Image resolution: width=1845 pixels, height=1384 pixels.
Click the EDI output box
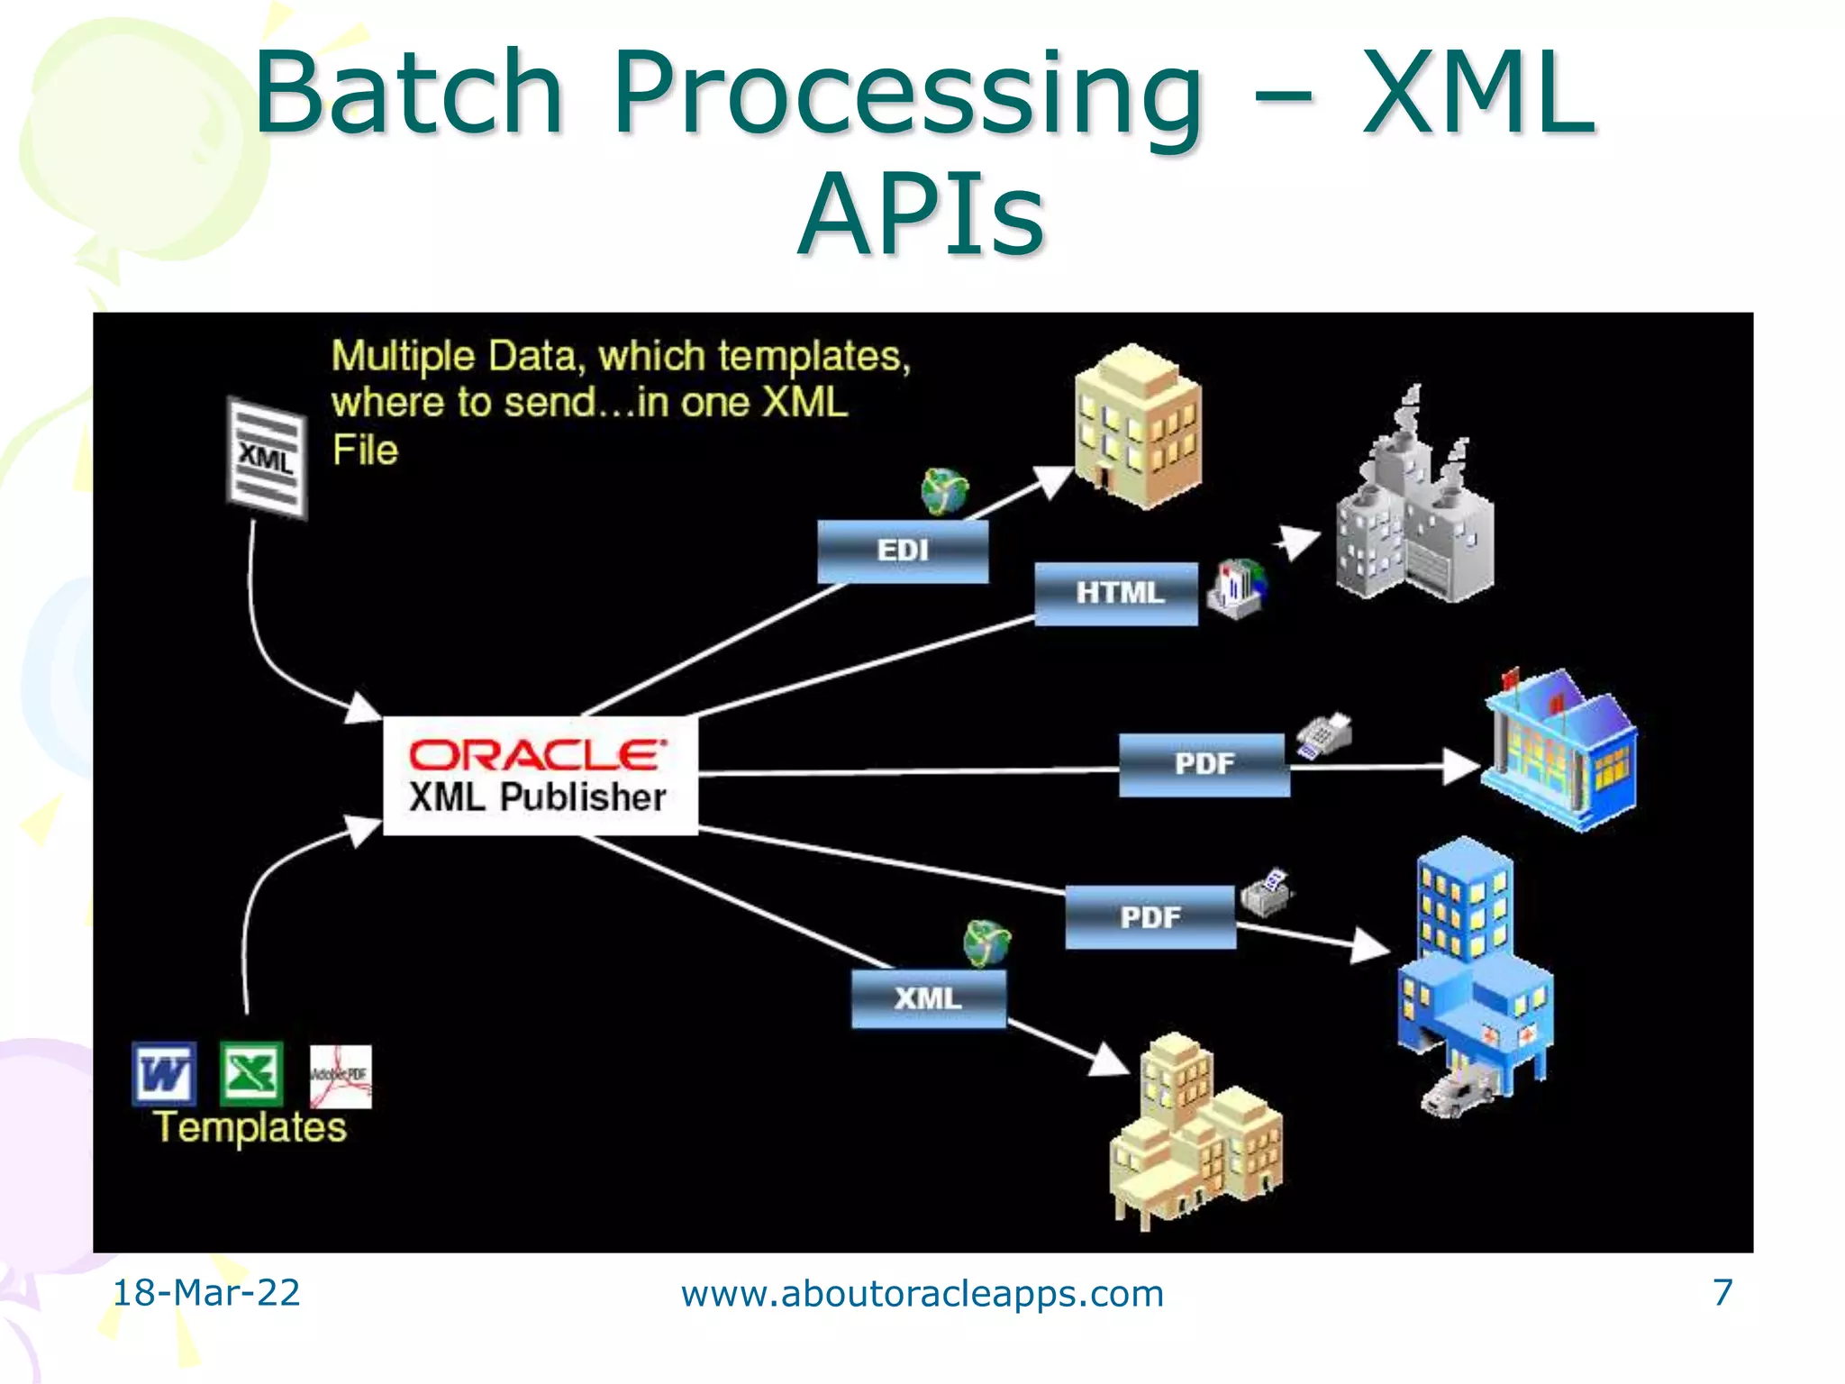(x=903, y=551)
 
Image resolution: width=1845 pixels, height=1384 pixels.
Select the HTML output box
(x=1116, y=593)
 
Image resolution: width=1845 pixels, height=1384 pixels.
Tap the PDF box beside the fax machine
(x=1204, y=764)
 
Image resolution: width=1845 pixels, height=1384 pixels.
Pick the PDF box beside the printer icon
(x=1150, y=917)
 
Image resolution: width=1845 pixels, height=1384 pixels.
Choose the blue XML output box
(x=928, y=998)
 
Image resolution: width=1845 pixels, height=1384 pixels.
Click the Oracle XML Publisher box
(x=540, y=776)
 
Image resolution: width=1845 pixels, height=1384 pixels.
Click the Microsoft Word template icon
(x=164, y=1073)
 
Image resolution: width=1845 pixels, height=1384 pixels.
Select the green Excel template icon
(x=251, y=1072)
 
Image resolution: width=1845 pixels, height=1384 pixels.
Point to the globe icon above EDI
(x=943, y=492)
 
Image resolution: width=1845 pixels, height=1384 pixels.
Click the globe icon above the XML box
(x=986, y=943)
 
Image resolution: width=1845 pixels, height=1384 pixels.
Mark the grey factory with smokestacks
(x=1413, y=505)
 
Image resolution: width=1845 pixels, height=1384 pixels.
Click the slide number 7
(x=1722, y=1293)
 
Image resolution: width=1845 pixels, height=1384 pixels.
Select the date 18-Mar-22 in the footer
(x=206, y=1293)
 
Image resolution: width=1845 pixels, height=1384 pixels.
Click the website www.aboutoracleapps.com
(x=922, y=1294)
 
